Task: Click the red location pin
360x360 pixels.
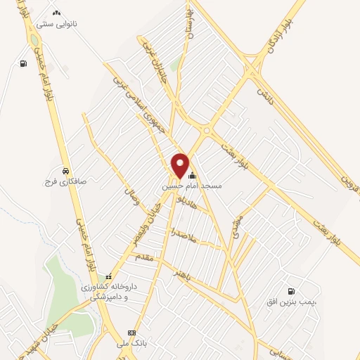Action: [180, 165]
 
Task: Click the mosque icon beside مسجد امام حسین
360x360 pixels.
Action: [192, 176]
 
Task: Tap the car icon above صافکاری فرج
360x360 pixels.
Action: [65, 170]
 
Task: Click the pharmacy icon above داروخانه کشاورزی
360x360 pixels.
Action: [108, 276]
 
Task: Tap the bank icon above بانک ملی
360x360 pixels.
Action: [129, 333]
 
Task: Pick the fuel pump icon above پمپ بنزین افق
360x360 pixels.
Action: [290, 291]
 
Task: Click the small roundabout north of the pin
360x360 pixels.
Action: [207, 130]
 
